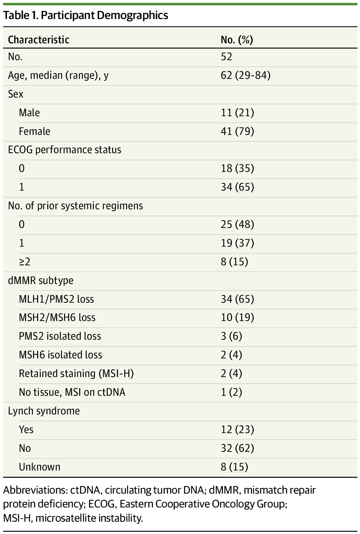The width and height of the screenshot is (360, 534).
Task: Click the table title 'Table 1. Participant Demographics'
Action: (86, 15)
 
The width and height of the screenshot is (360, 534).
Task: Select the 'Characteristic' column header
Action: (39, 40)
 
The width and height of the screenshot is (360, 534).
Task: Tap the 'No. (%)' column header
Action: (237, 40)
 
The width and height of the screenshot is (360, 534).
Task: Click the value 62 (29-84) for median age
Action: (245, 75)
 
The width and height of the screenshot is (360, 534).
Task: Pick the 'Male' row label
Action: (29, 112)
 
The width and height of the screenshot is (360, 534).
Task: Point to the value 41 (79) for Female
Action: (237, 131)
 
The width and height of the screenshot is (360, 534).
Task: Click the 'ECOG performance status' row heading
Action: (65, 150)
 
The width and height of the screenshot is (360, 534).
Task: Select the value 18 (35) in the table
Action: (237, 169)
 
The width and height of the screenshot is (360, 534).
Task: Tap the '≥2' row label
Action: (24, 262)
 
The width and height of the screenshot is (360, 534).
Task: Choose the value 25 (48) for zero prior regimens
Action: (237, 224)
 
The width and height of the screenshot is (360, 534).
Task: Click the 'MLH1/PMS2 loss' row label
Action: (56, 299)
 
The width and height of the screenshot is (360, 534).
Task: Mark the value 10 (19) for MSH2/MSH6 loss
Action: (237, 318)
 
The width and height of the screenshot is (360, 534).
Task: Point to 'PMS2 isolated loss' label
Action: (60, 336)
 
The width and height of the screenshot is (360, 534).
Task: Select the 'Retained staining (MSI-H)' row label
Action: (76, 374)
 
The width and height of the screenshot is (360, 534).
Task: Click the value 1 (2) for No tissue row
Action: (231, 392)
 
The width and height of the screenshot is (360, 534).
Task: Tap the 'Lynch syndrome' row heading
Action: (44, 411)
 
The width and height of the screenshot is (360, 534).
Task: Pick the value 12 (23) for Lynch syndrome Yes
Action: (237, 430)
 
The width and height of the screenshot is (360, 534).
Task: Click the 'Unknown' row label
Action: (39, 467)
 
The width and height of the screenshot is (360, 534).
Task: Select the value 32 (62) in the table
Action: (237, 448)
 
